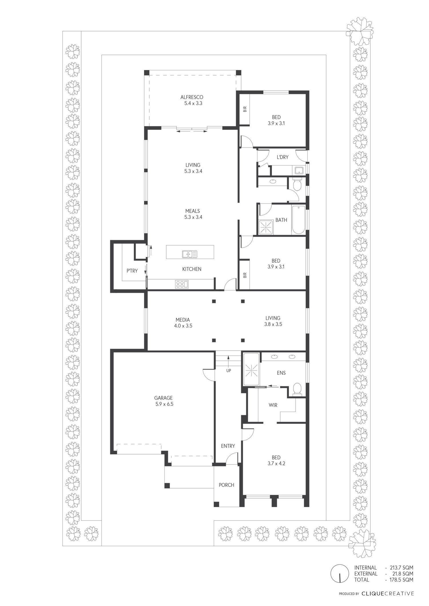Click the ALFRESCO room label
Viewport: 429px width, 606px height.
pyautogui.click(x=192, y=97)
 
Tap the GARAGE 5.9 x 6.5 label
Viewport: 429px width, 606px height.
pyautogui.click(x=164, y=401)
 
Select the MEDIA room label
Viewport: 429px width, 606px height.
pyautogui.click(x=183, y=320)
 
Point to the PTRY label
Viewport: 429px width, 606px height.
pyautogui.click(x=132, y=271)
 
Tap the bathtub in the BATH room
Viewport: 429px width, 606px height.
pyautogui.click(x=299, y=220)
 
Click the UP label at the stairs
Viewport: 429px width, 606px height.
pyautogui.click(x=229, y=371)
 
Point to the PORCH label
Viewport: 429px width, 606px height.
pyautogui.click(x=227, y=485)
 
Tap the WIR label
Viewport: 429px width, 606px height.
pyautogui.click(x=273, y=405)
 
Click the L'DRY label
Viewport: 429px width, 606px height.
pyautogui.click(x=282, y=157)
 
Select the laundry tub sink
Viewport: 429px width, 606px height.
pyautogui.click(x=299, y=171)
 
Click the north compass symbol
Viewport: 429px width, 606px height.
pyautogui.click(x=339, y=573)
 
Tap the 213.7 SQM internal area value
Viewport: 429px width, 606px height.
pyautogui.click(x=399, y=568)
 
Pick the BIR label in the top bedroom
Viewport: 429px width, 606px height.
pyautogui.click(x=245, y=109)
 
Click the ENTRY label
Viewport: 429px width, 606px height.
pyautogui.click(x=228, y=446)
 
